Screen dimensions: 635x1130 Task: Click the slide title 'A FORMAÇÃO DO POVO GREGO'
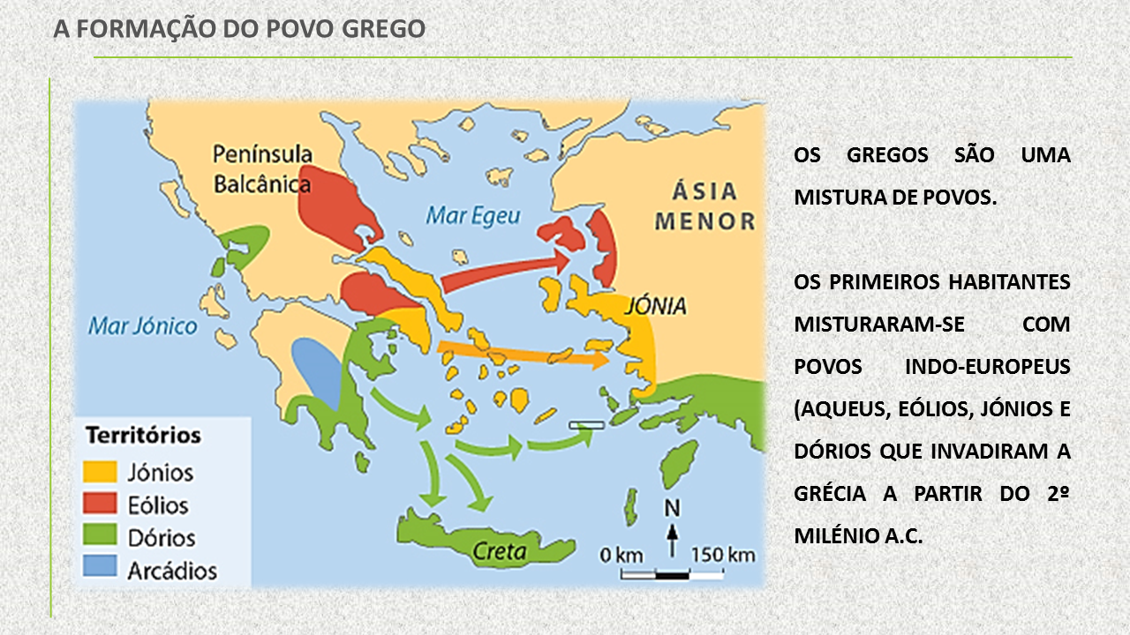239,29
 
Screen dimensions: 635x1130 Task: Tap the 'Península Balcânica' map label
262,169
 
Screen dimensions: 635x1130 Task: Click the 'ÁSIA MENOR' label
704,205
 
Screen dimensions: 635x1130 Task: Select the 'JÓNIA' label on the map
655,306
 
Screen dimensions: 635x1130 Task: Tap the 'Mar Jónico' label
143,326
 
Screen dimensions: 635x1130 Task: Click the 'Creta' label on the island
500,552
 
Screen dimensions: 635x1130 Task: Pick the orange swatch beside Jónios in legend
100,473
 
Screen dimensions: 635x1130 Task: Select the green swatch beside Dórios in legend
100,537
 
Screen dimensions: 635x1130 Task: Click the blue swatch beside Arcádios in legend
100,569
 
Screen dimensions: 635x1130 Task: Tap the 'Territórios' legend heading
143,436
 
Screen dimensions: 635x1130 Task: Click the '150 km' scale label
722,555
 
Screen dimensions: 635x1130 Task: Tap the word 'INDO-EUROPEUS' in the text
988,366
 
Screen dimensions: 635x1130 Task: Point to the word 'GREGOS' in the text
887,155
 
